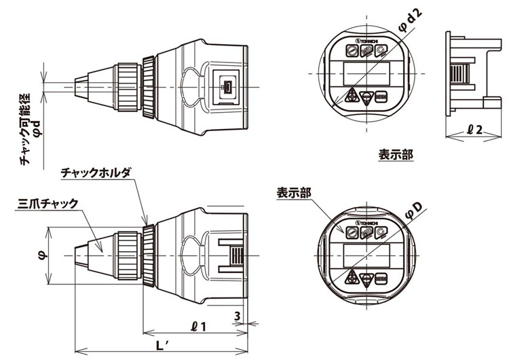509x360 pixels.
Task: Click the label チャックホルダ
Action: (x=95, y=173)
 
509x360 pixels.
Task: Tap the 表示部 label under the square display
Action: (x=396, y=155)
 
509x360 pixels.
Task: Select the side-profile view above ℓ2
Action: (x=468, y=71)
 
